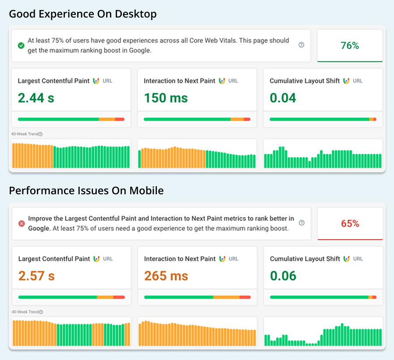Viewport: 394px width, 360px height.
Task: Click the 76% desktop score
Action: click(349, 45)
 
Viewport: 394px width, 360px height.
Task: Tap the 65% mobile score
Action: click(350, 223)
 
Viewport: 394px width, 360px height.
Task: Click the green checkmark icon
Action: click(21, 45)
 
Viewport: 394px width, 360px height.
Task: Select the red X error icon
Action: click(21, 223)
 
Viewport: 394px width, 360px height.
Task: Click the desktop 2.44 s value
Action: click(36, 97)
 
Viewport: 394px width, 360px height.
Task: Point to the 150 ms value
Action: click(166, 97)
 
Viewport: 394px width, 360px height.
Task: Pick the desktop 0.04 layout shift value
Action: click(283, 97)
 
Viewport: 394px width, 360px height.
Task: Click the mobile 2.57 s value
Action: click(36, 275)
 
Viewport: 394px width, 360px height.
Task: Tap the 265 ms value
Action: click(166, 275)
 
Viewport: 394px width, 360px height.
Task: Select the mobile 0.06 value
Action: click(283, 275)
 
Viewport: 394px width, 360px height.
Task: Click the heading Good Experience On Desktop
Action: click(83, 14)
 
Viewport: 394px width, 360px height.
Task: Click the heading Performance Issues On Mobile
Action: click(86, 191)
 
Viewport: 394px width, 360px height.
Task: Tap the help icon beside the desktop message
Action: click(301, 45)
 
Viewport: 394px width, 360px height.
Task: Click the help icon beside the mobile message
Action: click(302, 223)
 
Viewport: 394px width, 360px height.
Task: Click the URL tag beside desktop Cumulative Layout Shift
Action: click(358, 81)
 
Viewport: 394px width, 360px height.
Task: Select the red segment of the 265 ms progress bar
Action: click(245, 297)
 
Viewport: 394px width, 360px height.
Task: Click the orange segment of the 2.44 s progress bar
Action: click(107, 119)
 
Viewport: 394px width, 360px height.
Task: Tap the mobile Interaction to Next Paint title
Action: click(180, 259)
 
